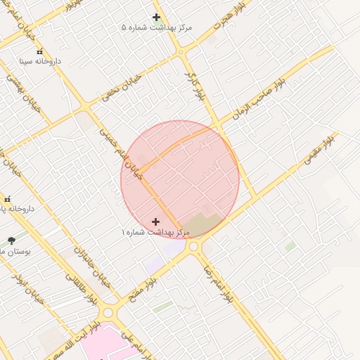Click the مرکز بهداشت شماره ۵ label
[156, 27]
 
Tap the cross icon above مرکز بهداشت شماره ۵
[156, 17]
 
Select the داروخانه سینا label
[39, 61]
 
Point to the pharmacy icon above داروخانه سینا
[39, 51]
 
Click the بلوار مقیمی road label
[320, 150]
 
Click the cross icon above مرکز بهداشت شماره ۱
[156, 221]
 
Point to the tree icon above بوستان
[11, 240]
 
